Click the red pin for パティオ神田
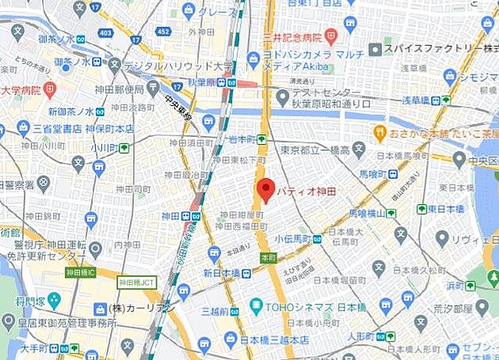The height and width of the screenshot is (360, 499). [267, 189]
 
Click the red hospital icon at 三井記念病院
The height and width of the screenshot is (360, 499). [330, 35]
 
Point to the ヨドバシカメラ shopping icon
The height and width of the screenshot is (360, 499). [254, 58]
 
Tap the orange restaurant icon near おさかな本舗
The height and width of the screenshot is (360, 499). [380, 132]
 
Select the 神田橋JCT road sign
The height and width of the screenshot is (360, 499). [135, 283]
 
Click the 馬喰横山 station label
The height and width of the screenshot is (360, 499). [368, 213]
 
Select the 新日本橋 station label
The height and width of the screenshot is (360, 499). [220, 272]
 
